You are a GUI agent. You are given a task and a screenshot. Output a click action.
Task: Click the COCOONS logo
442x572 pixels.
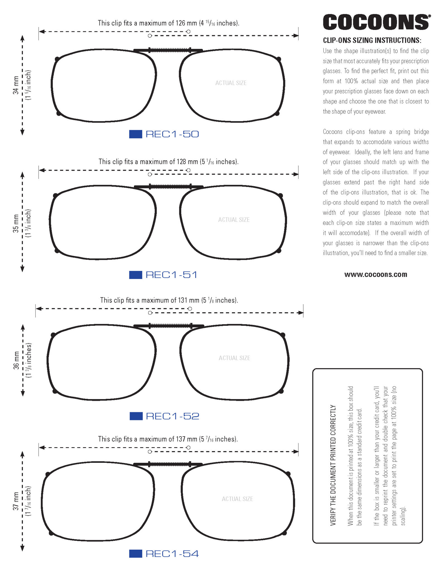376,22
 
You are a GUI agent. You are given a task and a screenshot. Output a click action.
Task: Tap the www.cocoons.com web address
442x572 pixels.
376,275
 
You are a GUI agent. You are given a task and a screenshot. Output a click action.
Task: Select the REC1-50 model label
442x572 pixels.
172,134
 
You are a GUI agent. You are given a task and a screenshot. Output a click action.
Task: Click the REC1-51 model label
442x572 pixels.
171,275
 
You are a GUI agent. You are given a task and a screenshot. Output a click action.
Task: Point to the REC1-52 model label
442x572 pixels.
173,416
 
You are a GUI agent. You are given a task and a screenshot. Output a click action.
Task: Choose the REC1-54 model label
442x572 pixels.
172,554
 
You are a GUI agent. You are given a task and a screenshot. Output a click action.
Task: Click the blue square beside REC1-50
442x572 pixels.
135,134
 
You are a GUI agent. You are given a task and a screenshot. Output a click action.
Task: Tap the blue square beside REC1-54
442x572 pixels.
135,554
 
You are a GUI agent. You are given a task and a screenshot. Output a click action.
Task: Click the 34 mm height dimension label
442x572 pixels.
16,85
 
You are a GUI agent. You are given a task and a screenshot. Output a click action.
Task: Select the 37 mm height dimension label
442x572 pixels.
16,502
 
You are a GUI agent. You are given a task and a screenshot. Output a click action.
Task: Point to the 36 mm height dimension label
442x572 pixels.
16,361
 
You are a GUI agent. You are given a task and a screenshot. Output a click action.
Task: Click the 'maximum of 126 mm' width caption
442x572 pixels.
168,23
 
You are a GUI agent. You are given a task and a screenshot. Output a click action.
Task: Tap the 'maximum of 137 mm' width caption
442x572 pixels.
168,439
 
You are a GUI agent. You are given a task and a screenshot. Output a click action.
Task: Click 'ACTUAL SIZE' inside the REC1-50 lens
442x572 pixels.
231,83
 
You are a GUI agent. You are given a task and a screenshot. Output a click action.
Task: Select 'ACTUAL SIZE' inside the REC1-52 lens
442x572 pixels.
234,358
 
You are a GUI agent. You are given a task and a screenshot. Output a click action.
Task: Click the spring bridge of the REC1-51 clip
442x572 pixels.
170,187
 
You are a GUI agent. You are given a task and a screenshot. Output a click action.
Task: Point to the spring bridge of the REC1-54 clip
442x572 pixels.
169,464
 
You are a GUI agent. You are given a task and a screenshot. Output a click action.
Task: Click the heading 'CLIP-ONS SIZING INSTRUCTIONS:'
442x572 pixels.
372,40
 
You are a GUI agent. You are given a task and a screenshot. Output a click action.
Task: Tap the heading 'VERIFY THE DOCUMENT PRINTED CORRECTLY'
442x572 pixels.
333,465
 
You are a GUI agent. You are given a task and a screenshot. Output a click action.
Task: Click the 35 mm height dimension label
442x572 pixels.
16,223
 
